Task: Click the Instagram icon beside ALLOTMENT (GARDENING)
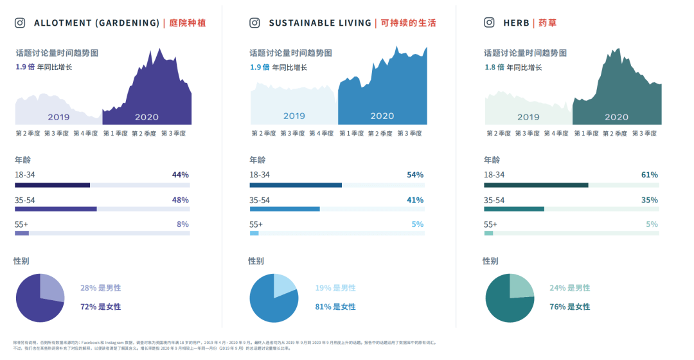(x=21, y=23)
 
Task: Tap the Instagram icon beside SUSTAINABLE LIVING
(x=255, y=23)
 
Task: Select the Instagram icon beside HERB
(x=490, y=23)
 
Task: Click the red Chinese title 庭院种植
(x=188, y=23)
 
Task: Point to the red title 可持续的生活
(x=408, y=23)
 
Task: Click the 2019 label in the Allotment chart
(x=58, y=117)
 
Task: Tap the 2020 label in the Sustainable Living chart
(x=382, y=116)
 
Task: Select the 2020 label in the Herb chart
(x=616, y=117)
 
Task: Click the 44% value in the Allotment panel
(x=180, y=175)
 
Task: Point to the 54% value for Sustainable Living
(x=415, y=175)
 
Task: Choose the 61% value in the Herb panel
(x=650, y=175)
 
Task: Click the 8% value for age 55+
(x=182, y=224)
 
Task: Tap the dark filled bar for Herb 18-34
(x=536, y=185)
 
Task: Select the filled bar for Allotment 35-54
(x=55, y=209)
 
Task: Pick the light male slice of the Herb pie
(x=520, y=286)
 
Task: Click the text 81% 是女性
(x=335, y=307)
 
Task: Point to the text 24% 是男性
(x=569, y=288)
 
